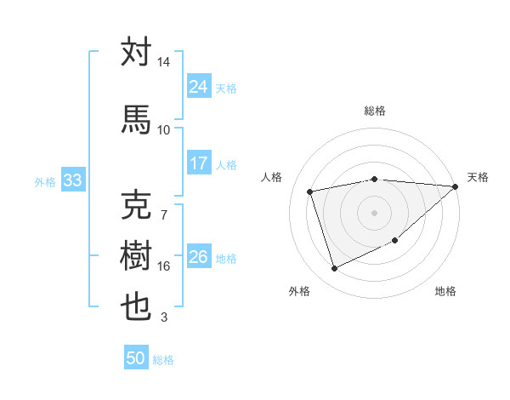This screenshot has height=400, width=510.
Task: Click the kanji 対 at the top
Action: pos(136,53)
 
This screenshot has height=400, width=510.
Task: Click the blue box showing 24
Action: pos(199,87)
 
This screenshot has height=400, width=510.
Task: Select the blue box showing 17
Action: pos(199,163)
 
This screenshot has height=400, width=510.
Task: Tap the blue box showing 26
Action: pos(199,257)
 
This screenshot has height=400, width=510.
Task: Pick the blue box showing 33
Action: pos(72,180)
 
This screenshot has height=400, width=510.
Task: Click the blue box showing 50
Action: pos(136,358)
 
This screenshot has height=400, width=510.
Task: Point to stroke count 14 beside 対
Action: pos(163,63)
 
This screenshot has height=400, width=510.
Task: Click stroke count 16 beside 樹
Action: pos(163,266)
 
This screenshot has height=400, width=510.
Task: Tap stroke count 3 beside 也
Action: pos(163,318)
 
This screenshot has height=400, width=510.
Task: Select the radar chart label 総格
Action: pos(374,111)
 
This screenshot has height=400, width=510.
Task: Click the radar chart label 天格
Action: pos(478,177)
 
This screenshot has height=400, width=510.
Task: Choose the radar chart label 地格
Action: pos(445,291)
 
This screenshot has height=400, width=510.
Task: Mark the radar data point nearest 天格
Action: pos(456,187)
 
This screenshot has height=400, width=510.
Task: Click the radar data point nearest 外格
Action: pos(334,269)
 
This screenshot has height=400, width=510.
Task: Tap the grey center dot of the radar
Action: pos(374,213)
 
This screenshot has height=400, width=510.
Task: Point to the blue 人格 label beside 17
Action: pos(226,164)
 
